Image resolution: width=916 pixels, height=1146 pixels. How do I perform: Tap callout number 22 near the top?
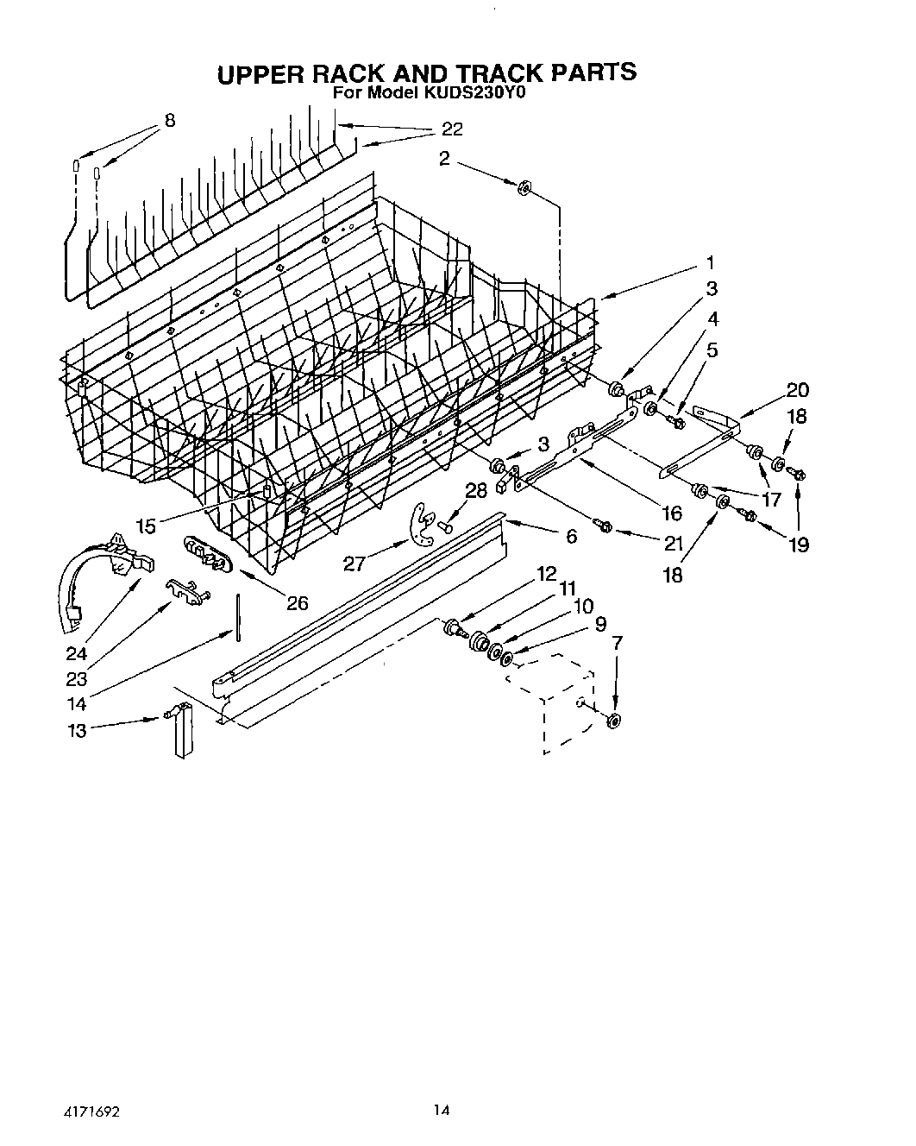tap(452, 129)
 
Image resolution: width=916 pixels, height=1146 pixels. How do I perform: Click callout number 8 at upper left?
tap(170, 121)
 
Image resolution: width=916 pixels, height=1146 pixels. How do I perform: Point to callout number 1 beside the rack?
tap(710, 262)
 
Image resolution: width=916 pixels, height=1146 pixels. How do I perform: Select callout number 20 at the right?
tap(797, 389)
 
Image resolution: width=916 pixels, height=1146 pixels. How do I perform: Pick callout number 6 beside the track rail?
tap(571, 536)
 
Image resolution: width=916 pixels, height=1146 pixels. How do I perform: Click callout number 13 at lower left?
tap(77, 731)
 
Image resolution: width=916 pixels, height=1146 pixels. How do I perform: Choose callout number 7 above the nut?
tap(616, 643)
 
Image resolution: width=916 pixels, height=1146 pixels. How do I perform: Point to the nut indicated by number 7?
tap(614, 721)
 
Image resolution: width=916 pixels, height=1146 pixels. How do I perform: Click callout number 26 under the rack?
tap(297, 603)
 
